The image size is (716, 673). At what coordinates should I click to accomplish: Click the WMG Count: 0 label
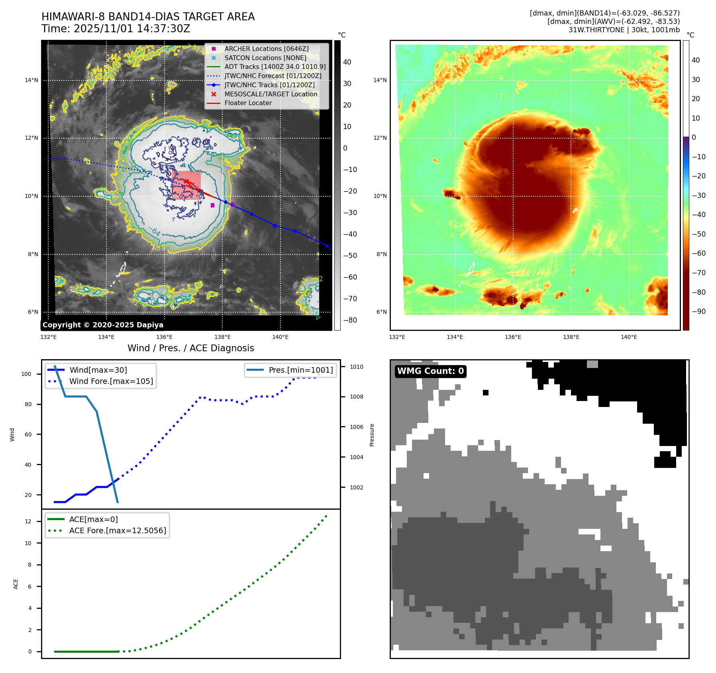pyautogui.click(x=430, y=371)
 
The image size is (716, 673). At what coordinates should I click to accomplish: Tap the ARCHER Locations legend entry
pyautogui.click(x=266, y=49)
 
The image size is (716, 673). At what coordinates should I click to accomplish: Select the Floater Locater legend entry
pyautogui.click(x=248, y=103)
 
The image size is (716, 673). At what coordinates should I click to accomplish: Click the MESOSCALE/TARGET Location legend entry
pyautogui.click(x=271, y=94)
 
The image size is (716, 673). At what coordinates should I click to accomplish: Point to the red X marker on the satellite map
pyautogui.click(x=186, y=182)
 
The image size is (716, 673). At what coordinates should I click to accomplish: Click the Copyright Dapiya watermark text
pyautogui.click(x=103, y=325)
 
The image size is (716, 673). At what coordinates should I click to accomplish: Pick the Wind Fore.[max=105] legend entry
pyautogui.click(x=111, y=381)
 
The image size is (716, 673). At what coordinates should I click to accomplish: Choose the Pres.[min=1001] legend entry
pyautogui.click(x=300, y=370)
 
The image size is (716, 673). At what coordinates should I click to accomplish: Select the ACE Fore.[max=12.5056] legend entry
pyautogui.click(x=118, y=530)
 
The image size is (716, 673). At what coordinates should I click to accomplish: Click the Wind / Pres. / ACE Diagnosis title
pyautogui.click(x=190, y=348)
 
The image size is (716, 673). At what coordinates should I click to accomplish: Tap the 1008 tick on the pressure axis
pyautogui.click(x=357, y=397)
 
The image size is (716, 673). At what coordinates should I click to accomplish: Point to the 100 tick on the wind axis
pyautogui.click(x=26, y=374)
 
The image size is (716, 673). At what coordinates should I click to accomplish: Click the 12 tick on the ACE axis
pyautogui.click(x=28, y=521)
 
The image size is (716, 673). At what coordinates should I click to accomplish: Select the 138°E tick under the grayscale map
pyautogui.click(x=222, y=337)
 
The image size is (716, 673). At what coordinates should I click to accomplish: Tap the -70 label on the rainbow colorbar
pyautogui.click(x=698, y=273)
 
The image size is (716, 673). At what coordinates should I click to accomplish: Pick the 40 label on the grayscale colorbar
pyautogui.click(x=347, y=62)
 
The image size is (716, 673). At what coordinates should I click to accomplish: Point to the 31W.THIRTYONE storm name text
pyautogui.click(x=596, y=30)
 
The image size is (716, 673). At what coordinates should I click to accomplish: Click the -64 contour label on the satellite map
pyautogui.click(x=155, y=231)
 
